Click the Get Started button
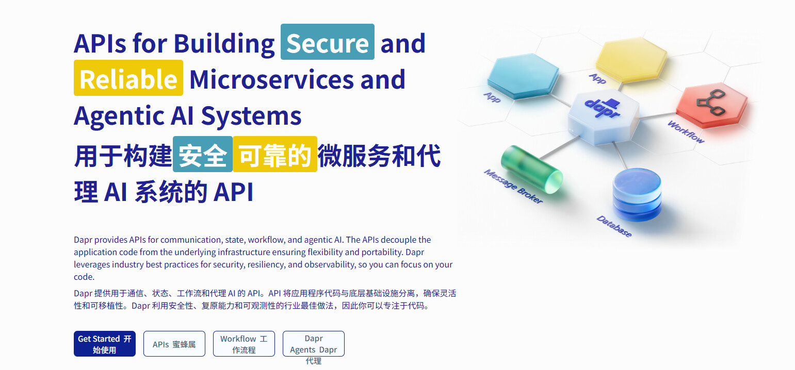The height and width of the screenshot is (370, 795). click(x=105, y=344)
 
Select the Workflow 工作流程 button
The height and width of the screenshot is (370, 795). click(x=244, y=344)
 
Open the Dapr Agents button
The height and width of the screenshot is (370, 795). click(x=313, y=344)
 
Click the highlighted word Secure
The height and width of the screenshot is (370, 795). click(x=327, y=42)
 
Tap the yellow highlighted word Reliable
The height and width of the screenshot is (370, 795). click(x=128, y=78)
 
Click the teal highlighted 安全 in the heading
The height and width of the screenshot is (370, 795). click(x=203, y=154)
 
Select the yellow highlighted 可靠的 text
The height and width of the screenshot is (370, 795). click(x=275, y=154)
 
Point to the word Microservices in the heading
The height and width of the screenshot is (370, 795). click(x=271, y=79)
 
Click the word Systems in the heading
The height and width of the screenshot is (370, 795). click(x=251, y=116)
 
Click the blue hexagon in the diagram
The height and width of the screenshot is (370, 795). click(x=523, y=76)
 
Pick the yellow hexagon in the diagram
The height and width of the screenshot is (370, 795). click(x=631, y=60)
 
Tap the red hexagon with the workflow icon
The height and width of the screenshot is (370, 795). click(x=711, y=106)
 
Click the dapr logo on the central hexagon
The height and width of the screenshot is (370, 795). click(x=603, y=108)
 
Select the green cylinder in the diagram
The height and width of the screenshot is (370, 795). click(x=532, y=170)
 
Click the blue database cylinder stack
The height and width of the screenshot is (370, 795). click(x=637, y=194)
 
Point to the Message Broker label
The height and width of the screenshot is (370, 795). click(x=513, y=187)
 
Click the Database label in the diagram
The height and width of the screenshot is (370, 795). click(x=614, y=226)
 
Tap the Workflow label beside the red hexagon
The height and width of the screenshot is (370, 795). click(x=686, y=132)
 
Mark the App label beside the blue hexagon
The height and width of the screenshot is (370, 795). click(x=492, y=97)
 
